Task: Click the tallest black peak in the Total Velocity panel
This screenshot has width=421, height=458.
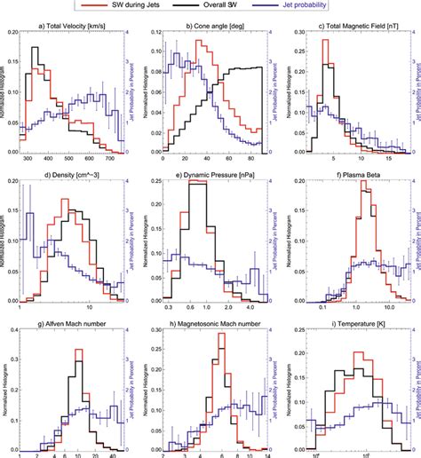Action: click(x=36, y=48)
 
